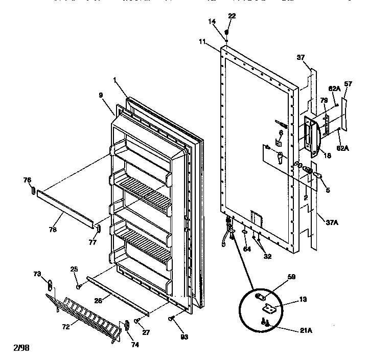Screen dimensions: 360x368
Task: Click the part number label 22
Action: (232, 16)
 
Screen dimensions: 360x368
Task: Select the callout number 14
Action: (212, 21)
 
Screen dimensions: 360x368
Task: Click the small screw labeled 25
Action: (78, 287)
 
